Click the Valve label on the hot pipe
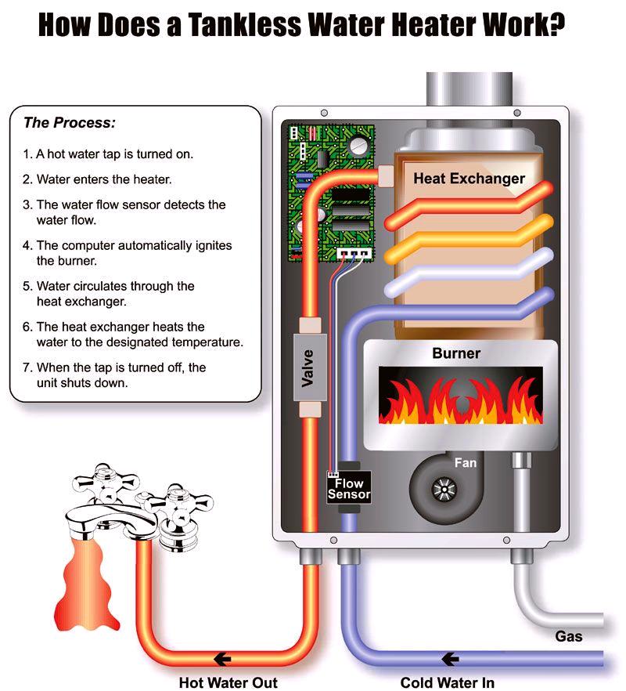pos(308,368)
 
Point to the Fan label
pos(466,463)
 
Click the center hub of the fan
pos(444,489)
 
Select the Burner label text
pos(456,353)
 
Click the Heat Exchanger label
pos(469,179)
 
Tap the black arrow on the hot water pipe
pos(223,660)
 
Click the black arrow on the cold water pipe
pos(450,660)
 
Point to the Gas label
pos(569,636)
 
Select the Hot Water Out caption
pos(228,682)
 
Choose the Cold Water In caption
pos(448,682)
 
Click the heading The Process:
pos(70,122)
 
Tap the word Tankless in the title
pos(245,25)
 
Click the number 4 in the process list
pos(27,245)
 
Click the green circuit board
pos(331,193)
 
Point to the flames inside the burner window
pos(460,401)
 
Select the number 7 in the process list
pos(27,367)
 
